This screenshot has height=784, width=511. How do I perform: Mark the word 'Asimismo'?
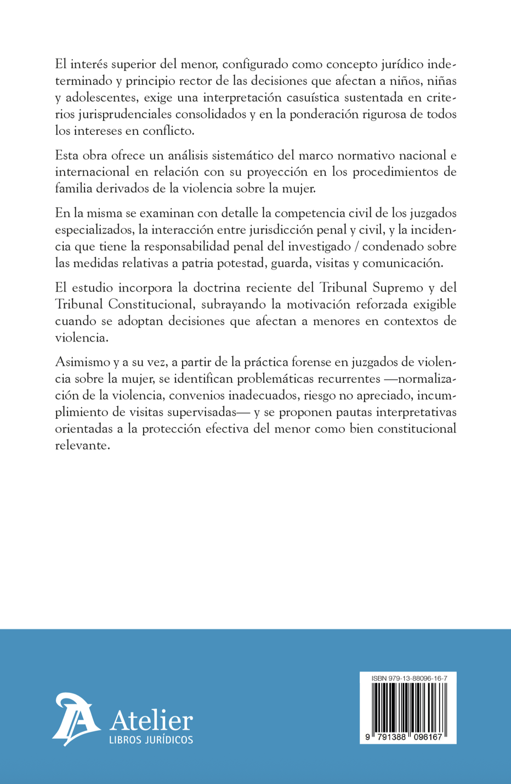pos(83,362)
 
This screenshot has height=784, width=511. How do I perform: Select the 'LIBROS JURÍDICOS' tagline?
pos(151,740)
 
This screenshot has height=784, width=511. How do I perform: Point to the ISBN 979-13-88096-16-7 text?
pos(409,679)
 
